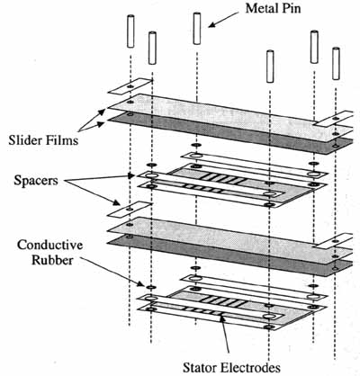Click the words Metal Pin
273,8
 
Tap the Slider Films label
43,140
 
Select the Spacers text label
36,181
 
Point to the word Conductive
49,245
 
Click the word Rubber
52,260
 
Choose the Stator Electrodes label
231,367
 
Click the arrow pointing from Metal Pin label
223,20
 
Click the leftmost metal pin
130,31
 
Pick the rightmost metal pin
336,64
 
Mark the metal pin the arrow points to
197,29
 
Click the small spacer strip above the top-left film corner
130,86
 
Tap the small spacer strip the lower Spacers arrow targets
130,209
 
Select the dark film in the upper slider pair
231,134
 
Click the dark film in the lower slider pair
231,255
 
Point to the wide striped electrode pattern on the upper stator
223,178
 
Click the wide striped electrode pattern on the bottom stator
223,301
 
